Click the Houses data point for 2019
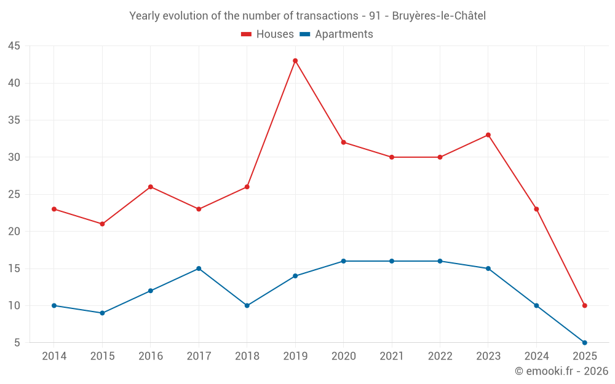click(295, 61)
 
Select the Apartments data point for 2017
click(199, 268)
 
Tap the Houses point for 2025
click(584, 305)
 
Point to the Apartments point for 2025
click(584, 342)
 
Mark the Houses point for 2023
click(488, 135)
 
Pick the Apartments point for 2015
click(102, 313)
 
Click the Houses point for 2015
click(102, 224)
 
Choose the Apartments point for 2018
click(247, 305)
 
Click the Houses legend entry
click(268, 34)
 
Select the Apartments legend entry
click(336, 34)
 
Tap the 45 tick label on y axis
click(14, 46)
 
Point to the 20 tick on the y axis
click(14, 232)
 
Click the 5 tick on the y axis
click(17, 343)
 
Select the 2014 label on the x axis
click(54, 356)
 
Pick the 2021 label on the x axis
click(392, 356)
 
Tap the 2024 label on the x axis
click(536, 356)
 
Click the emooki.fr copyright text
click(561, 371)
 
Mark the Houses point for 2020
click(343, 143)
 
